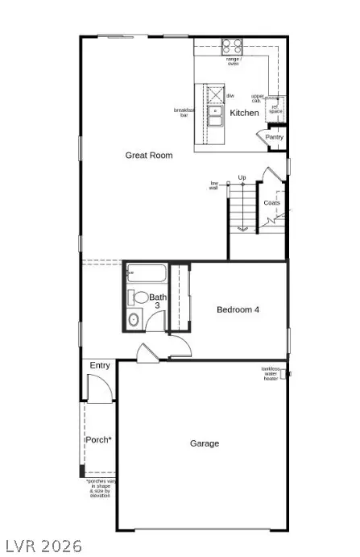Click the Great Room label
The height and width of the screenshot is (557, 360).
tap(149, 155)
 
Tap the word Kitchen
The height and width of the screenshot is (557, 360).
tap(245, 113)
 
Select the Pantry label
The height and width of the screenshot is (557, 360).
tap(275, 137)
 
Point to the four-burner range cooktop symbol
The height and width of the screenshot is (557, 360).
tap(233, 45)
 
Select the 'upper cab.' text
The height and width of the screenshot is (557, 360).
tap(258, 98)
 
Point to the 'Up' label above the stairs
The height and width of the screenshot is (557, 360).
tap(242, 177)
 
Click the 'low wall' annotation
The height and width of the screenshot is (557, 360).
tap(215, 186)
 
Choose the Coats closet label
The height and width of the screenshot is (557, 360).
tap(272, 202)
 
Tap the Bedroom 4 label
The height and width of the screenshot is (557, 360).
tap(238, 310)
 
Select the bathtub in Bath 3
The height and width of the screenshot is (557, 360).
tap(146, 274)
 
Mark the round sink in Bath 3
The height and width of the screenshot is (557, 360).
tap(134, 321)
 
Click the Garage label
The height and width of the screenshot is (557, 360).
tap(205, 443)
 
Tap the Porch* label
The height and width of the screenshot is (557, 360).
tap(99, 439)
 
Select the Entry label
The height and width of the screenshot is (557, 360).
tap(100, 365)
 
